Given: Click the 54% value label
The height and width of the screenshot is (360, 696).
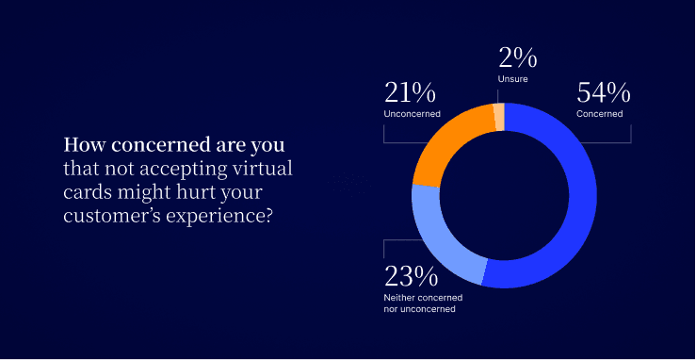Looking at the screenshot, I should click(x=603, y=92).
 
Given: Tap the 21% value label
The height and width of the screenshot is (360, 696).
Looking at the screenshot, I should click(x=411, y=92).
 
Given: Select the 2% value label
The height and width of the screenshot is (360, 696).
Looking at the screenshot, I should click(x=518, y=59).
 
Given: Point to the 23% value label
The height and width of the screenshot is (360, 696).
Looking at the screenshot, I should click(x=411, y=277).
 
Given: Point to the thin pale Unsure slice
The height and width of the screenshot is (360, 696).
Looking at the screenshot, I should click(x=499, y=116).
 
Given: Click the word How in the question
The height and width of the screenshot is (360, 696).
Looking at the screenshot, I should click(x=81, y=147).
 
